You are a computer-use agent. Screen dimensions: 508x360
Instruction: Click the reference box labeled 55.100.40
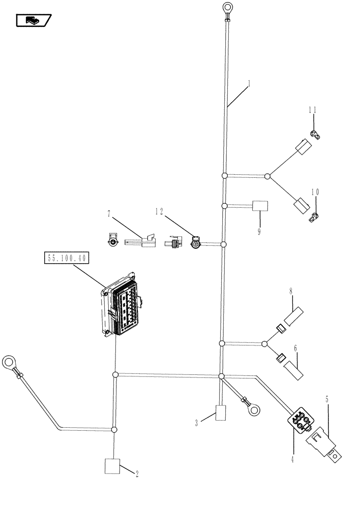tap(68, 259)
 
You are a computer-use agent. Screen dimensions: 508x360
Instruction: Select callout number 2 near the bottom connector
tap(136, 473)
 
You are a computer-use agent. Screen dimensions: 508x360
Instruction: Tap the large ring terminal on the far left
tap(9, 363)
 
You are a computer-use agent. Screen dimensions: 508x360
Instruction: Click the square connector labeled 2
tap(112, 466)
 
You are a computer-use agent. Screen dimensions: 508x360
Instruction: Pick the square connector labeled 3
tap(221, 413)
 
